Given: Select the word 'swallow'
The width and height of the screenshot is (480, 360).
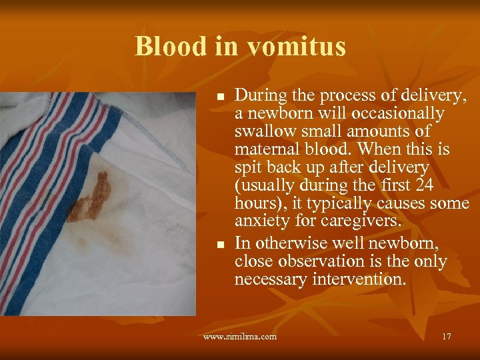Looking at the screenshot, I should click(x=265, y=131).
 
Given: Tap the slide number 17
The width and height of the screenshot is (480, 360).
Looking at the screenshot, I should click(x=446, y=337).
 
